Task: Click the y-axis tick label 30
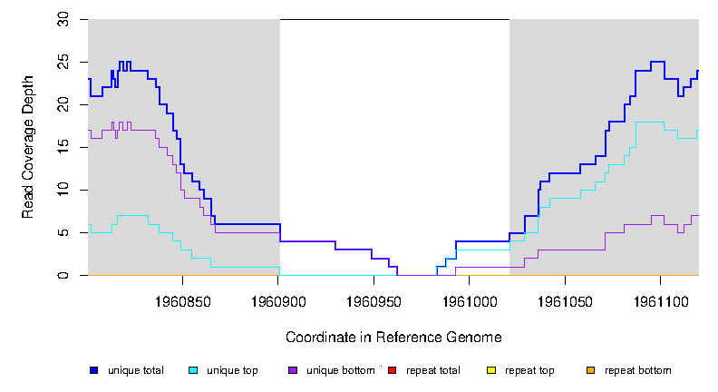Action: [x=63, y=19]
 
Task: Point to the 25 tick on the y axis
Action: [x=63, y=62]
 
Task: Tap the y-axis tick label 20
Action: [x=63, y=104]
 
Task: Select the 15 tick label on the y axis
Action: [x=63, y=147]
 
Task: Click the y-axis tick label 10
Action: [x=63, y=190]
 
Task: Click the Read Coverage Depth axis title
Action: [x=28, y=147]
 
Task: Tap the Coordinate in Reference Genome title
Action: [x=393, y=337]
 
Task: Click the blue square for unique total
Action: [x=93, y=370]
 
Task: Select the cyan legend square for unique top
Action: [x=193, y=370]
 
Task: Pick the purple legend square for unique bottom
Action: [x=292, y=370]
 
